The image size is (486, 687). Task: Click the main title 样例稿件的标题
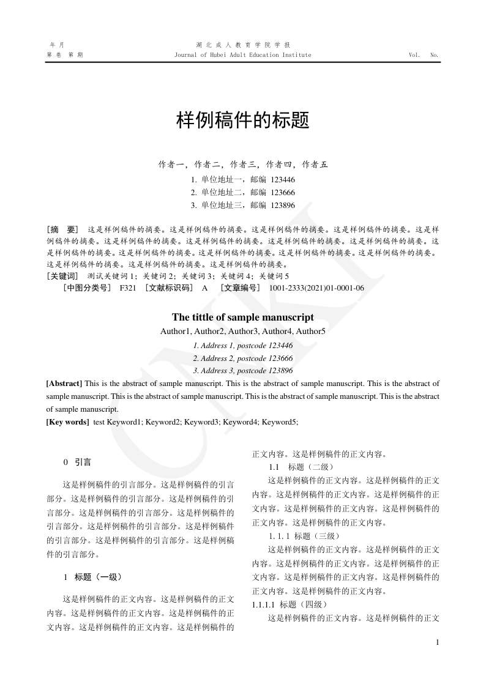tap(243, 120)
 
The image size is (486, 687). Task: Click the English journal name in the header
tap(243, 55)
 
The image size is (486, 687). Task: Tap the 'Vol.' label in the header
tap(414, 55)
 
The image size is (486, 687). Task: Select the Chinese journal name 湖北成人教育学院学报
tap(243, 45)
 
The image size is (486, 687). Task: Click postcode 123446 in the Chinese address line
tap(283, 180)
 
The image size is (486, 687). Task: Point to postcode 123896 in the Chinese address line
tap(283, 206)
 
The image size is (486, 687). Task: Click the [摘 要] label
tap(62, 229)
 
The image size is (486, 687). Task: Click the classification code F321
tap(128, 288)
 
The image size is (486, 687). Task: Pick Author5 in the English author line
tap(310, 332)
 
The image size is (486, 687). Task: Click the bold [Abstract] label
tap(64, 384)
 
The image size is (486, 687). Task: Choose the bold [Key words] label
tap(67, 422)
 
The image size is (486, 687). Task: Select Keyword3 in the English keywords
tap(201, 422)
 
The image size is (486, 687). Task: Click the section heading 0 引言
tap(78, 462)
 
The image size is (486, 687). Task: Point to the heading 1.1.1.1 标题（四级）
tap(290, 604)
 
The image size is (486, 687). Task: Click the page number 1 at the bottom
tap(437, 642)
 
